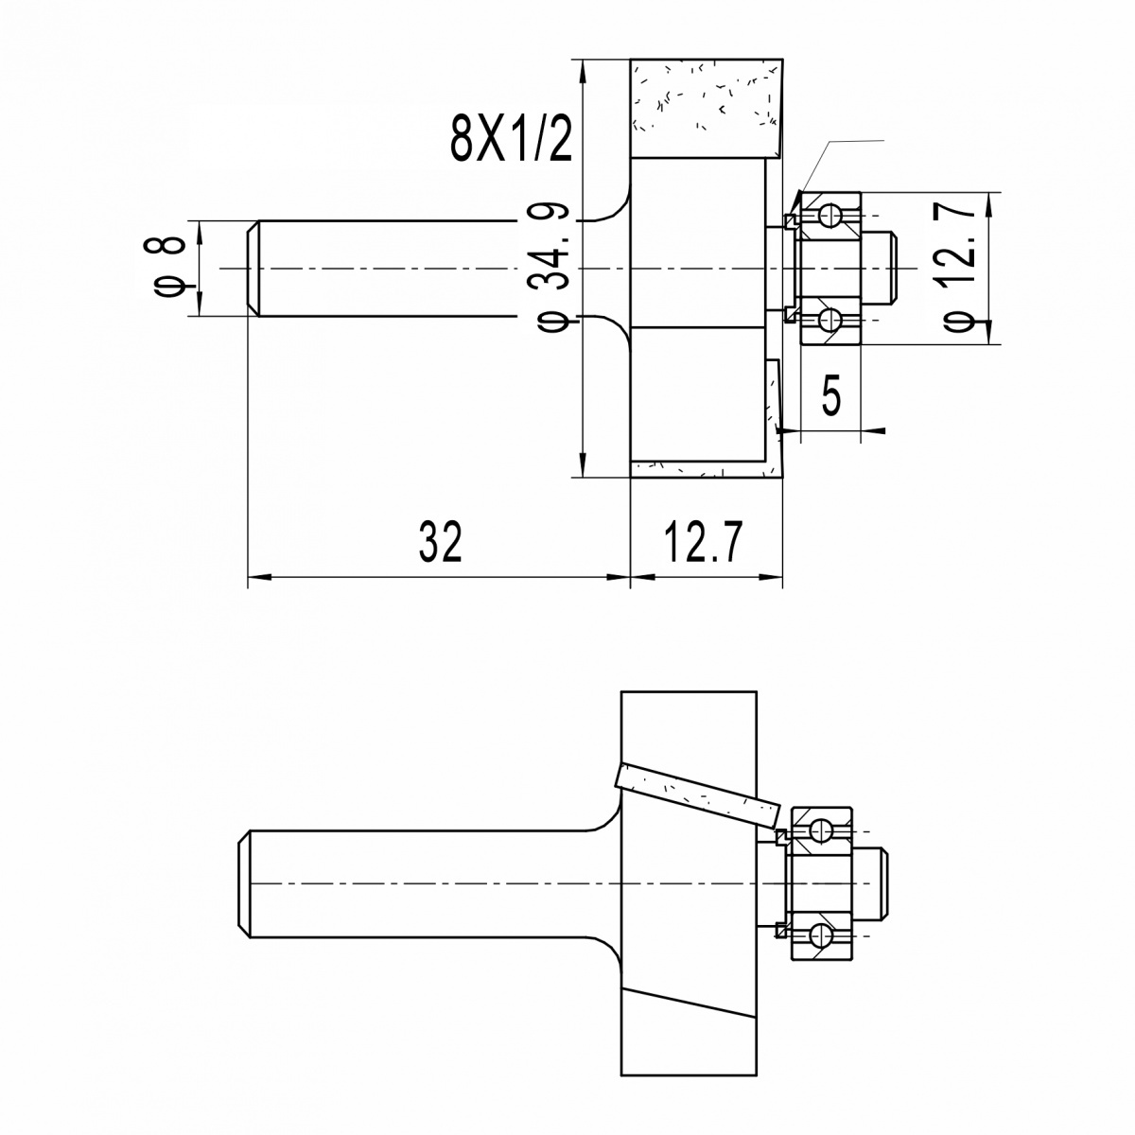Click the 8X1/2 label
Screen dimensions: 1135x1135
coord(511,139)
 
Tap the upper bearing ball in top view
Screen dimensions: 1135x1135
coord(829,217)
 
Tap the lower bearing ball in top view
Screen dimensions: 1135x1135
coord(829,320)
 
